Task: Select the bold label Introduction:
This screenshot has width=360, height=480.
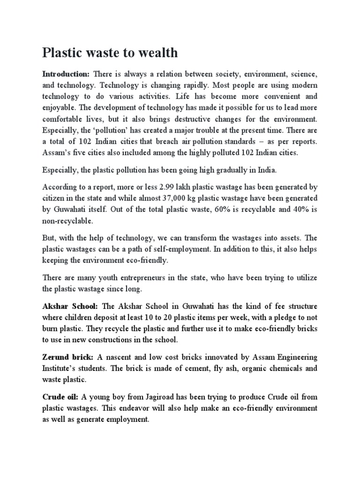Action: pos(66,74)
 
